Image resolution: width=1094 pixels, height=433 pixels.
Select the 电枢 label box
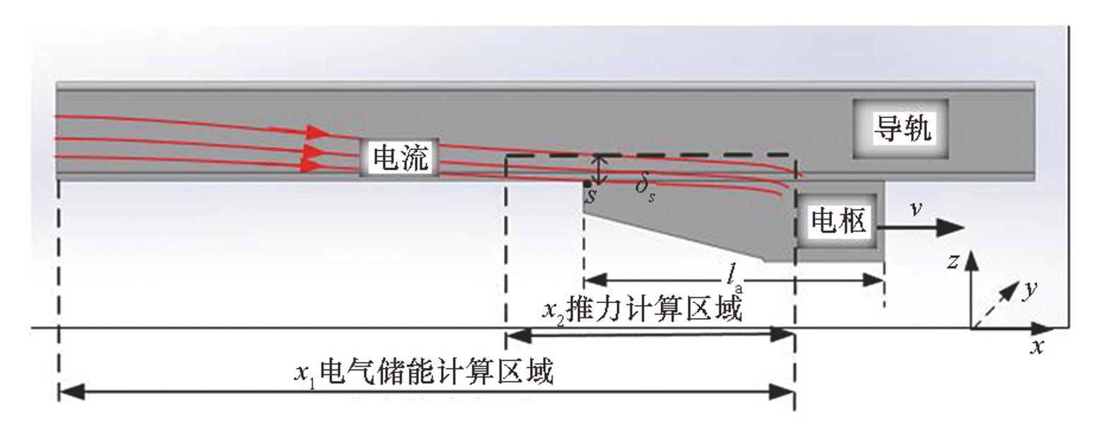(x=838, y=222)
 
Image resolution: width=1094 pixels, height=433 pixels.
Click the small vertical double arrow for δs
(x=600, y=170)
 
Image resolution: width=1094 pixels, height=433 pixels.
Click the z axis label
(x=953, y=261)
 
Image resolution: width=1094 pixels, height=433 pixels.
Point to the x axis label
(x=1037, y=346)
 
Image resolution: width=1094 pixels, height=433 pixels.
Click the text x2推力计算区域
(x=642, y=309)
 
